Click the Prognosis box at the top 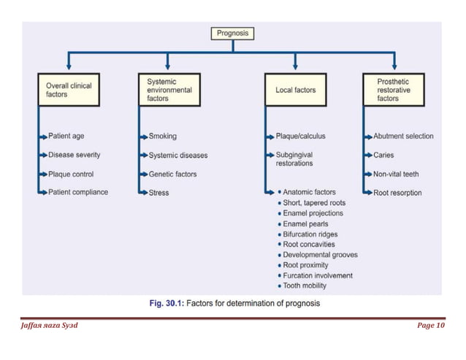pyautogui.click(x=233, y=33)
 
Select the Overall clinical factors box pyautogui.click(x=69, y=90)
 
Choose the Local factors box pyautogui.click(x=296, y=90)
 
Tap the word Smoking pyautogui.click(x=162, y=136)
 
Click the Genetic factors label pyautogui.click(x=172, y=174)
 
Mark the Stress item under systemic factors pyautogui.click(x=158, y=193)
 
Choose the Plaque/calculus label pyautogui.click(x=301, y=136)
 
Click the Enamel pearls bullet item pyautogui.click(x=305, y=223)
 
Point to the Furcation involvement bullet pyautogui.click(x=317, y=275)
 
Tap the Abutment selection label pyautogui.click(x=403, y=136)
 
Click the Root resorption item pyautogui.click(x=397, y=193)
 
